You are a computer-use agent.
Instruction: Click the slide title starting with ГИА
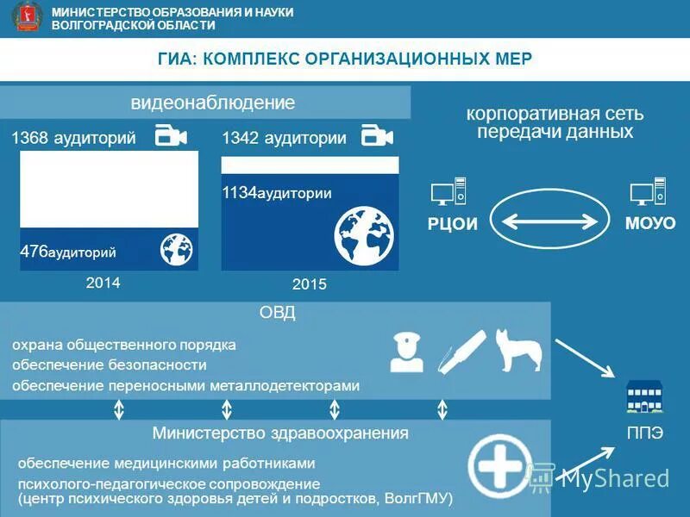click(345, 59)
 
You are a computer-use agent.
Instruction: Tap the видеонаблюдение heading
click(212, 103)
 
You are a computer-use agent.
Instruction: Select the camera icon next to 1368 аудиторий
click(171, 136)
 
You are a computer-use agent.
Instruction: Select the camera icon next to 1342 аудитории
click(377, 136)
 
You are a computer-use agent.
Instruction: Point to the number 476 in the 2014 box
click(34, 251)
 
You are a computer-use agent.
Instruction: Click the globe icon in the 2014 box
click(177, 249)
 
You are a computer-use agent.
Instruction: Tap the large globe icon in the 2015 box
click(364, 234)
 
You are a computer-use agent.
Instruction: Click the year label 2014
click(103, 283)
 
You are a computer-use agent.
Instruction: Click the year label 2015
click(310, 283)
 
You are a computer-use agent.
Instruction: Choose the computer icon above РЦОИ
click(448, 191)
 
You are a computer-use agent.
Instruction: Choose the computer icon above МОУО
click(648, 191)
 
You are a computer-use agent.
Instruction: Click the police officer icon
click(406, 352)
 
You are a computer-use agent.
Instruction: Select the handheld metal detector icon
click(458, 351)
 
